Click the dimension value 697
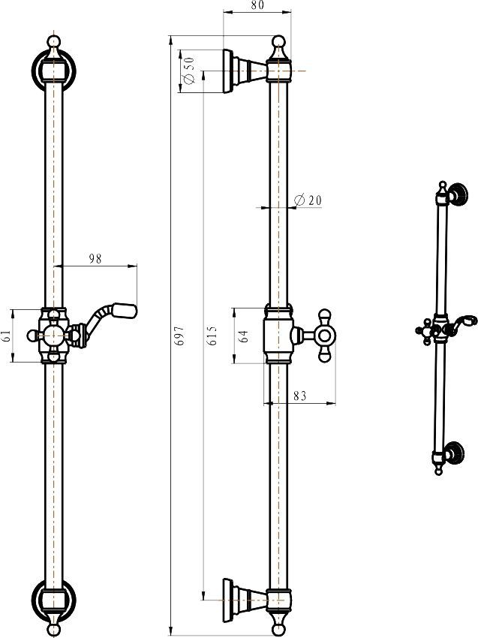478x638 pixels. coord(179,336)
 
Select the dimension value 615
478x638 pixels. coord(212,336)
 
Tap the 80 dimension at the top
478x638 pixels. coord(257,5)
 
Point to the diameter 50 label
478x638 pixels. coord(189,70)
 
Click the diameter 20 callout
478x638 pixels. coord(307,200)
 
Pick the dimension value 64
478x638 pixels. coord(244,336)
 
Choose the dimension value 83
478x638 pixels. coord(299,396)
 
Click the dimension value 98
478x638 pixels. coord(95,259)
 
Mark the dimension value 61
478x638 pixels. coord(6,336)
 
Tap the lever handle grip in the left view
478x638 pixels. coord(125,311)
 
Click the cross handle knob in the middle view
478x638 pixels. coord(324,336)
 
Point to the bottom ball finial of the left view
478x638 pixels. coord(54,630)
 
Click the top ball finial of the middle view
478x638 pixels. coord(278,41)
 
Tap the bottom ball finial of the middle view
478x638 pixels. coord(278,629)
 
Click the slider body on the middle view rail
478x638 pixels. coord(278,334)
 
